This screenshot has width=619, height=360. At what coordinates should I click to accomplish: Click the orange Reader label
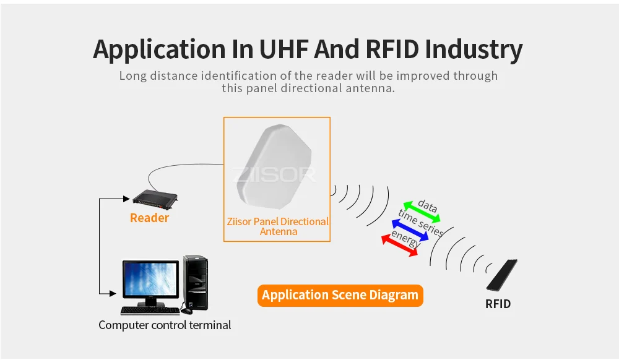coord(149,218)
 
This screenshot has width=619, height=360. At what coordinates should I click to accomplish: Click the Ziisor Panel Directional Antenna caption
coord(277,226)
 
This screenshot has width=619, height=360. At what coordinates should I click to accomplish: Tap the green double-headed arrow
coord(422,212)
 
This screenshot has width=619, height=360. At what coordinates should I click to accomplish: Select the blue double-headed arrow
coord(409,229)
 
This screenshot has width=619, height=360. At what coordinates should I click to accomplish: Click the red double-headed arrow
coord(399,245)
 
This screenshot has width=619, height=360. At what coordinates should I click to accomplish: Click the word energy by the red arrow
coord(406,238)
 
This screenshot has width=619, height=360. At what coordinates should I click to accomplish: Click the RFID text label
coord(498,304)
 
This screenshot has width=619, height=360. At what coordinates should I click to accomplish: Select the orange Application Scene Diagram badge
coord(340,295)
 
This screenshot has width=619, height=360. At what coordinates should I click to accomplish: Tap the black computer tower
coord(196,283)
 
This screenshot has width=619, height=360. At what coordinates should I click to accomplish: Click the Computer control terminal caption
coord(165,325)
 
